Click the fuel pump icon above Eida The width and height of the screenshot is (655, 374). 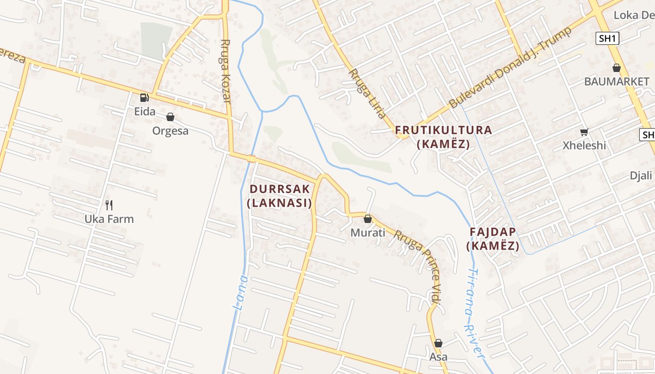pyautogui.click(x=144, y=98)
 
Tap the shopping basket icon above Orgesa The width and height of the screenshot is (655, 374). pyautogui.click(x=170, y=117)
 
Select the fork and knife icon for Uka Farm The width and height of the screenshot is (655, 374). pyautogui.click(x=109, y=205)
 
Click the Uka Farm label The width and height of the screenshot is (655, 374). pyautogui.click(x=109, y=219)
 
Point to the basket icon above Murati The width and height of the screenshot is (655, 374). pyautogui.click(x=368, y=219)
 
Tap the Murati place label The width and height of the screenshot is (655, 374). pyautogui.click(x=368, y=232)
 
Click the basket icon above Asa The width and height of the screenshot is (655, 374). pyautogui.click(x=438, y=343)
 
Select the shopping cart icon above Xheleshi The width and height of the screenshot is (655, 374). pyautogui.click(x=584, y=132)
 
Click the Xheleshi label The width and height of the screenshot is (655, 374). pyautogui.click(x=584, y=145)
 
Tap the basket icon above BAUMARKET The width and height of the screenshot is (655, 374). pyautogui.click(x=617, y=68)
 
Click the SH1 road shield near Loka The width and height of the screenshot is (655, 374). pyautogui.click(x=608, y=38)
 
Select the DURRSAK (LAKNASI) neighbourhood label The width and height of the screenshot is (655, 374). pyautogui.click(x=280, y=196)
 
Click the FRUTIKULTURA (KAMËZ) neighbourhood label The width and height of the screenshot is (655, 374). pyautogui.click(x=444, y=137)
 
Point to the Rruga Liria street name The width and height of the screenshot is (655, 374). pyautogui.click(x=368, y=93)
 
